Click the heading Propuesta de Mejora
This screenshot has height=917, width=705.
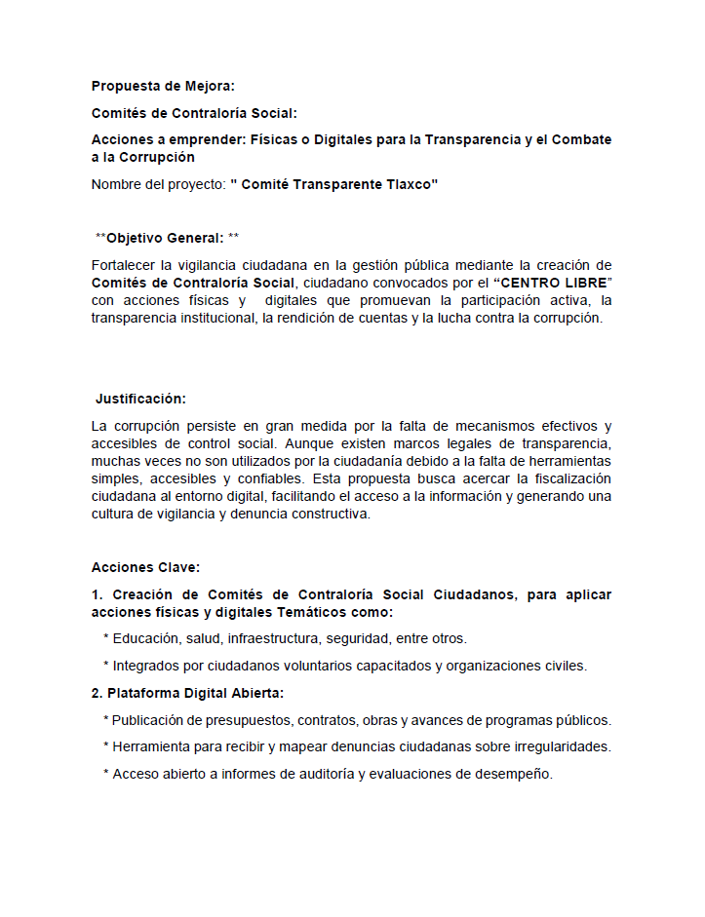click(x=156, y=86)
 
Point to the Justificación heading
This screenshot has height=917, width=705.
click(x=140, y=399)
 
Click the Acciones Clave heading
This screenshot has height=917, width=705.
click(x=145, y=567)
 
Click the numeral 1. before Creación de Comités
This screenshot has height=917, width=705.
click(x=98, y=594)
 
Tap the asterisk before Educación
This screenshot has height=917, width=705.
click(x=105, y=639)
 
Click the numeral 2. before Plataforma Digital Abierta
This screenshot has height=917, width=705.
click(x=98, y=694)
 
